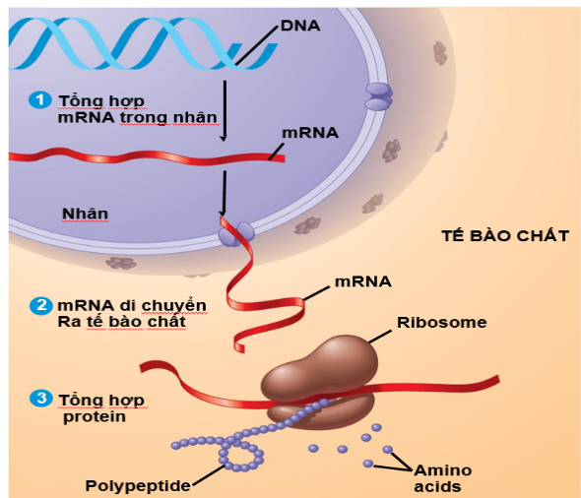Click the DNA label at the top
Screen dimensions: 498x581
(299, 23)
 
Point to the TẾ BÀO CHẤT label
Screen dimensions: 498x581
(503, 236)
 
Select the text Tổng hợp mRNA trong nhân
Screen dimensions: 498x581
(137, 109)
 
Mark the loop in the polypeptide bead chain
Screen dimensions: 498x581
(240, 454)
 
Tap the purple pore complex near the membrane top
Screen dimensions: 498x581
(377, 95)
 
